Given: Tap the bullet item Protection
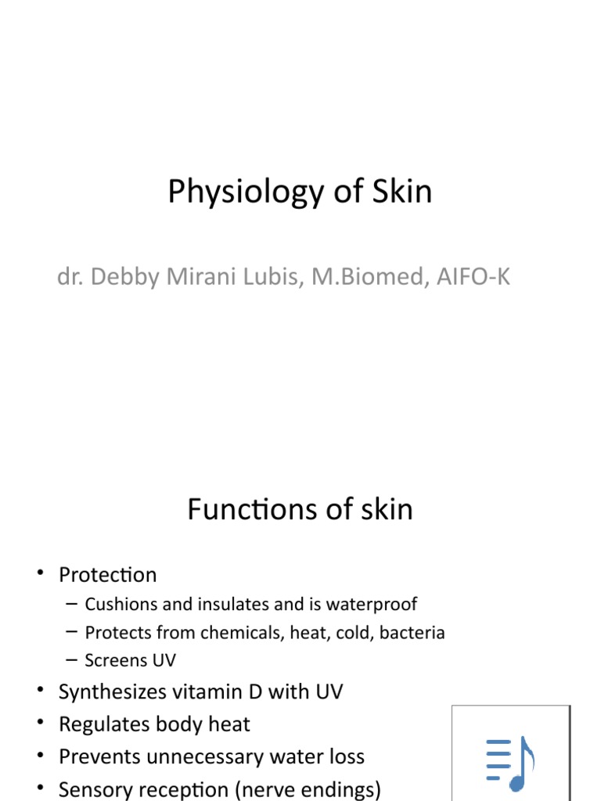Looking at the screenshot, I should pyautogui.click(x=107, y=575).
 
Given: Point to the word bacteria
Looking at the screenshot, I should pyautogui.click(x=412, y=632).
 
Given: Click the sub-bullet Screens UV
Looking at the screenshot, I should pyautogui.click(x=130, y=660).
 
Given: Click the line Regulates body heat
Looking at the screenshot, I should pyautogui.click(x=154, y=724).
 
